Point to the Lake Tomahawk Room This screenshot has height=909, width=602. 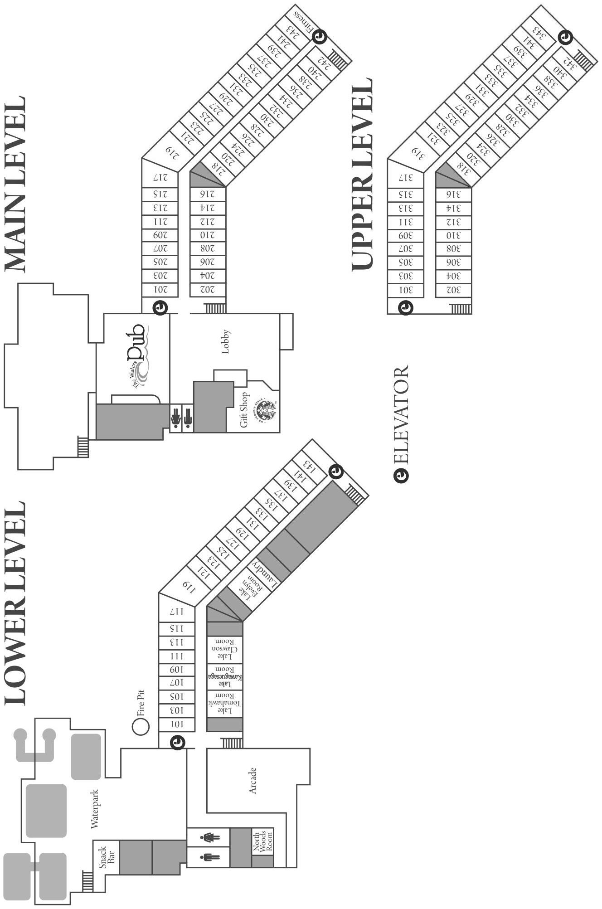225,704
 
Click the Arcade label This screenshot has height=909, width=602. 253,780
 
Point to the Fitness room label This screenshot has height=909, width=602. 303,22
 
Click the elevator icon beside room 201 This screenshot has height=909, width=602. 160,307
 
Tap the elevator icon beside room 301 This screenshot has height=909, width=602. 405,308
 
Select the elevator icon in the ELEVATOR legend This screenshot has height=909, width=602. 401,475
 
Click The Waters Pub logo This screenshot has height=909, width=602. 138,355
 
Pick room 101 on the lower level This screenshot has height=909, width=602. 177,724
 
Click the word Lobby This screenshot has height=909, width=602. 226,341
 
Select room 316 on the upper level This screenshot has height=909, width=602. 453,195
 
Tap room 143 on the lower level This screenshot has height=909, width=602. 309,465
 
